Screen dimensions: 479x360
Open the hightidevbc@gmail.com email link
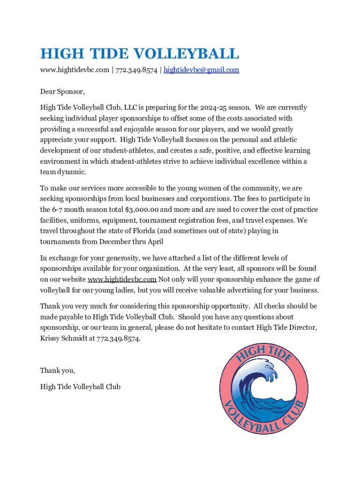[202, 70]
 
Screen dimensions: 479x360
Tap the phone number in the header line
[137, 70]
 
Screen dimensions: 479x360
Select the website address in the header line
[74, 70]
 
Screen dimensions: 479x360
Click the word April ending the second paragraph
[154, 242]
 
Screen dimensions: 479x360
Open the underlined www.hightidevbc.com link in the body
[122, 279]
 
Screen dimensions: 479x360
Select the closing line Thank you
[58, 370]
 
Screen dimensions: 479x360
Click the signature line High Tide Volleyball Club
[80, 387]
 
